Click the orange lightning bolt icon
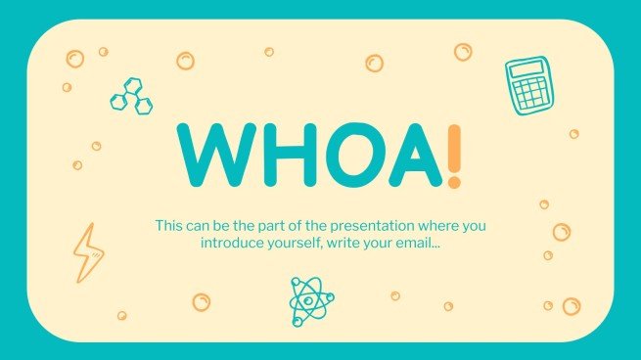(86, 251)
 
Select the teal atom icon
(311, 301)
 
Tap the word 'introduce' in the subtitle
(231, 243)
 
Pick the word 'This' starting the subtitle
(168, 226)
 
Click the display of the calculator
(523, 71)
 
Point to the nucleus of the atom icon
(311, 301)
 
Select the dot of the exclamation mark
(452, 183)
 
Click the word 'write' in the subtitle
(344, 243)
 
